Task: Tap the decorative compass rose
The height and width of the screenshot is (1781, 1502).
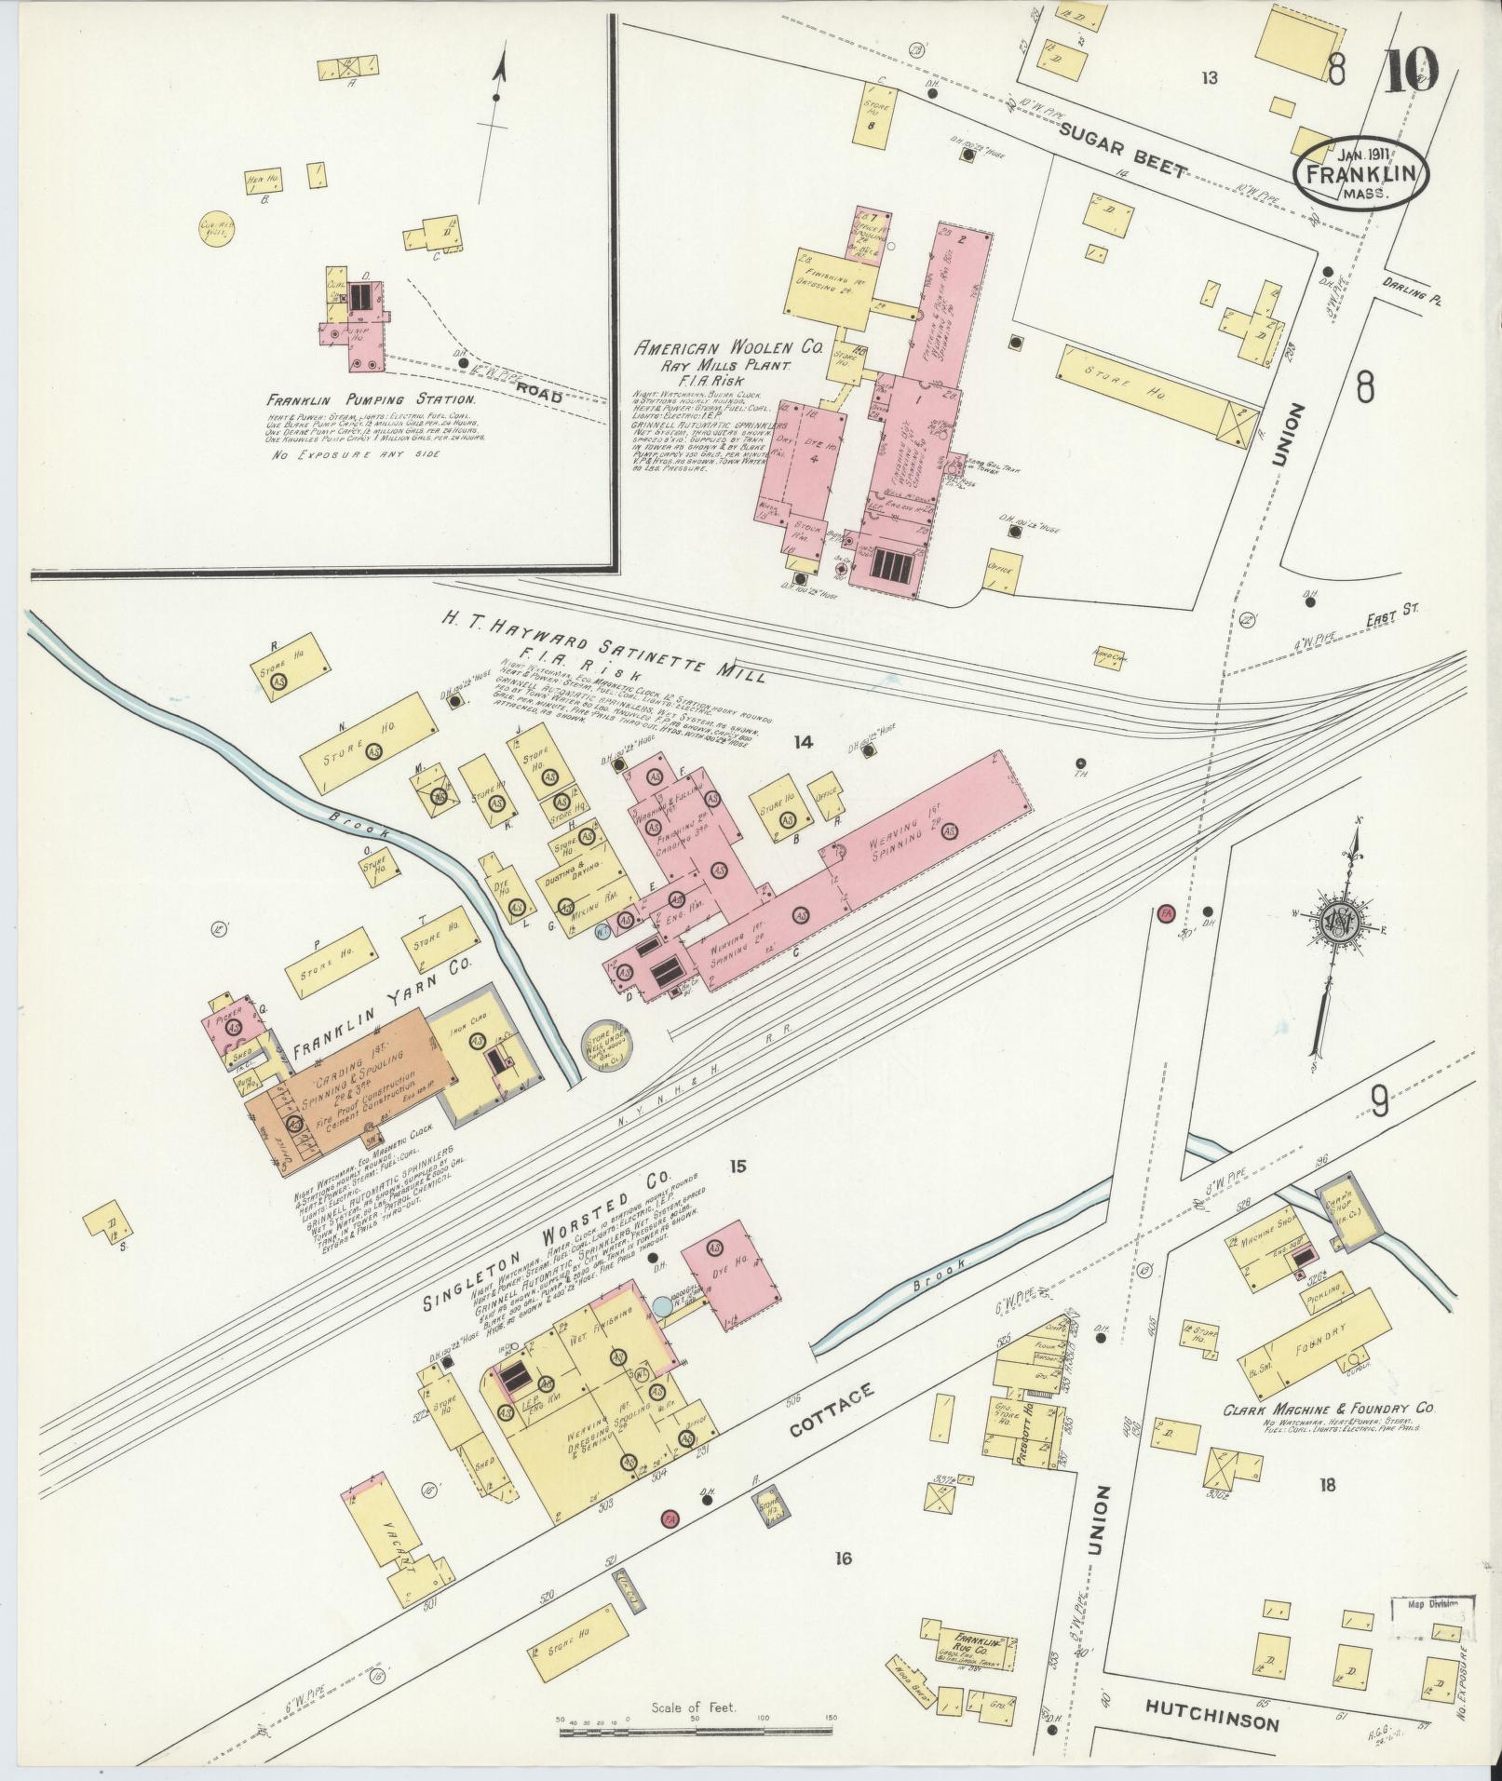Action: pos(1339,921)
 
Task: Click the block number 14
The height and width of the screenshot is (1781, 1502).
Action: pos(803,742)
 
